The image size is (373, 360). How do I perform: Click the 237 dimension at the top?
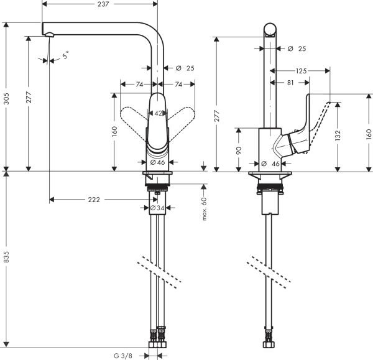tap(103, 4)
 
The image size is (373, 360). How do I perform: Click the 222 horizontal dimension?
tap(93, 200)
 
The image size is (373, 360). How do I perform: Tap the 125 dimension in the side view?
tap(301, 72)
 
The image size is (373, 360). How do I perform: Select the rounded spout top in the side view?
tap(270, 28)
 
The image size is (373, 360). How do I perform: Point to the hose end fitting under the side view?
tap(271, 341)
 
